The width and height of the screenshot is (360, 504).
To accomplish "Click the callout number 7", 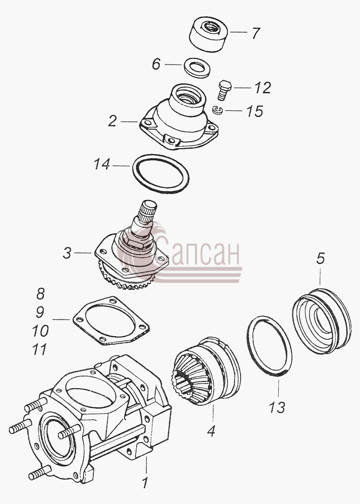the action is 256,33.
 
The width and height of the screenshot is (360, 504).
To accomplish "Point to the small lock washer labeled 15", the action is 218,110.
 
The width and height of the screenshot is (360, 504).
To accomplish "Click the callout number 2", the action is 112,121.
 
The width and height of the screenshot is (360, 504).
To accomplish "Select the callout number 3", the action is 67,253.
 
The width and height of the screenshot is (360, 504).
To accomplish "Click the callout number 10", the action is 40,331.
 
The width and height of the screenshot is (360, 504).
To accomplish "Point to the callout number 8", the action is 40,293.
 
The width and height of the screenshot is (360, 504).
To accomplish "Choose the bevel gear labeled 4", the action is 206,371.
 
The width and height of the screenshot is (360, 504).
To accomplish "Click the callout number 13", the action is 277,408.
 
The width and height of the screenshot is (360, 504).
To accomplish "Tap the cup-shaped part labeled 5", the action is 322,321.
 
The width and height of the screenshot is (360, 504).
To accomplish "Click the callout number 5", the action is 321,259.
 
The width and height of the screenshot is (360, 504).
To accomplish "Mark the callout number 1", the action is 145,483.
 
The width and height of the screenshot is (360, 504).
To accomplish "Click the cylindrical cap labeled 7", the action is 208,34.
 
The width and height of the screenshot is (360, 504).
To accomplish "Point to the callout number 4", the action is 211,431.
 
